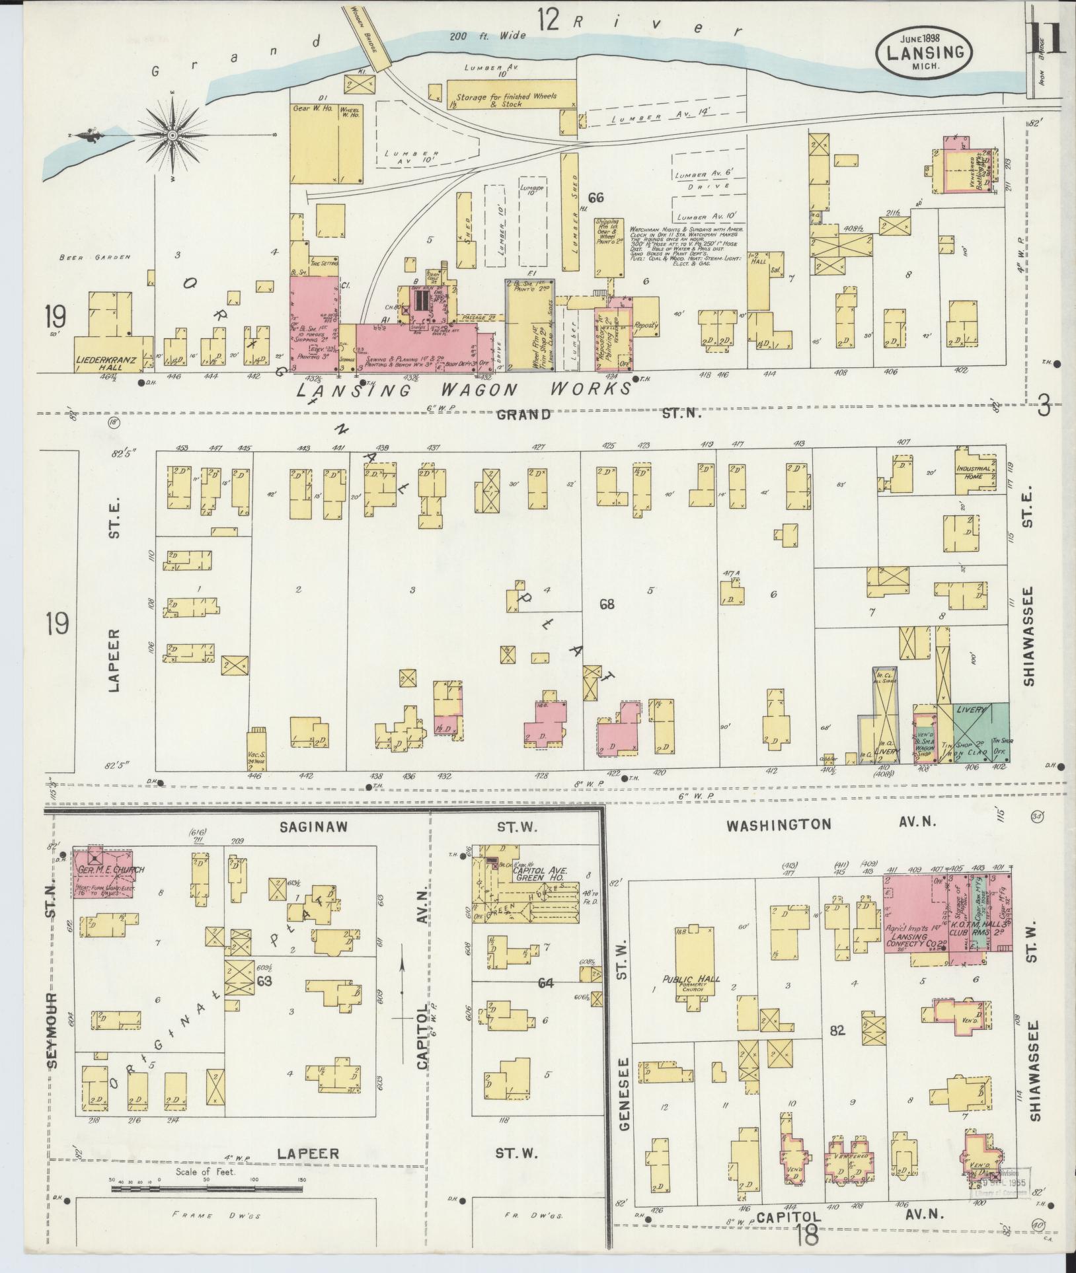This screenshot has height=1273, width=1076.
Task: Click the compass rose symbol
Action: coord(173,135)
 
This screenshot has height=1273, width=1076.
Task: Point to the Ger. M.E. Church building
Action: coord(108,869)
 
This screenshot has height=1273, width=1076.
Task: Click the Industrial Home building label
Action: coord(974,472)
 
